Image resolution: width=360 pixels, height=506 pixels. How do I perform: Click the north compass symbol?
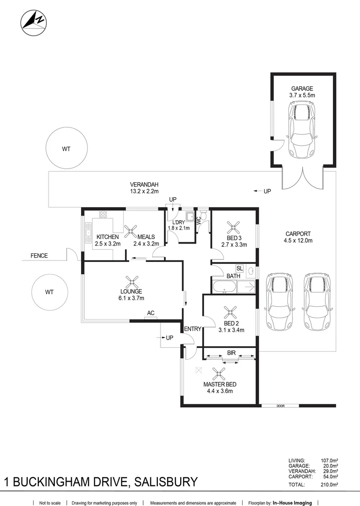tap(34, 23)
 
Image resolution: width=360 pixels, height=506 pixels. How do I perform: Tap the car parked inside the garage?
tap(302, 130)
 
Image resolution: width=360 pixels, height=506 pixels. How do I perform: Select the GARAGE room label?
tap(302, 89)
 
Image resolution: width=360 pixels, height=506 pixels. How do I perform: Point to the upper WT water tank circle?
tap(66, 148)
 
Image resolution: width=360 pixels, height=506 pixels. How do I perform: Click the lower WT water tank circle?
tap(50, 292)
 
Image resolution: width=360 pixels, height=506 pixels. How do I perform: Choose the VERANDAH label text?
tap(144, 185)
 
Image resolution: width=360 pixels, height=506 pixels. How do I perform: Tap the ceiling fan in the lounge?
tap(132, 282)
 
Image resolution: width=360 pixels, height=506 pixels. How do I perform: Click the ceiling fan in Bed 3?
tap(233, 228)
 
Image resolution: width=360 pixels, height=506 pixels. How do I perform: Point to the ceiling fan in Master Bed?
tap(219, 374)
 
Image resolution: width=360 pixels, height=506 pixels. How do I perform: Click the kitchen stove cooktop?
tap(103, 215)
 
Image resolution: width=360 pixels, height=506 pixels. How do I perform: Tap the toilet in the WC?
tap(203, 215)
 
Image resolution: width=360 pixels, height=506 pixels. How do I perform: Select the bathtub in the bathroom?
tap(224, 287)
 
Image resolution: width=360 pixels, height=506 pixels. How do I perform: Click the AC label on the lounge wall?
tap(151, 313)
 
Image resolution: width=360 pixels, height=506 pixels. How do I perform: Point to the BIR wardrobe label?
tap(231, 353)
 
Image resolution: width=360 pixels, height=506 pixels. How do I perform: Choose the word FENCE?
tap(39, 256)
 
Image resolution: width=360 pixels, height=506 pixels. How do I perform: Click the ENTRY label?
tap(192, 329)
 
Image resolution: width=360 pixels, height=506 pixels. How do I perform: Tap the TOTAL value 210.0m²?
tap(330, 484)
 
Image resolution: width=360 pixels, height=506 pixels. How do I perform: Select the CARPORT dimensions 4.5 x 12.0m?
tap(298, 240)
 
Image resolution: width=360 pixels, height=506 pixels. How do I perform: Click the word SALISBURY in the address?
tap(166, 482)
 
